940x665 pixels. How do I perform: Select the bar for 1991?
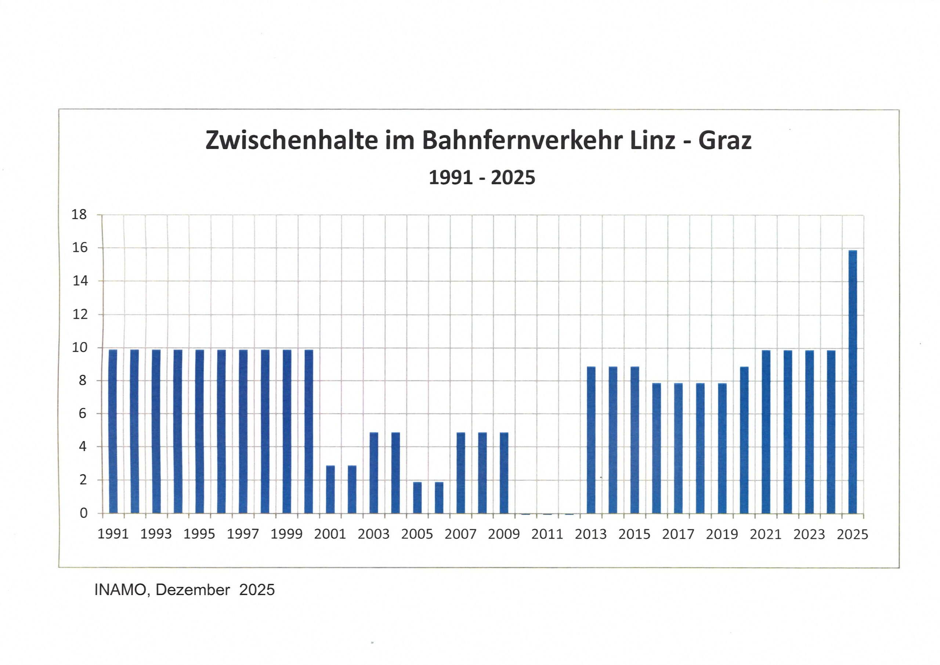tap(113, 431)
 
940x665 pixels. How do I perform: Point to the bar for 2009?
tap(504, 472)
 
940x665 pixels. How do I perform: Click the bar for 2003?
tap(373, 472)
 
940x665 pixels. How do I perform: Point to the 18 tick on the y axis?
tap(79, 214)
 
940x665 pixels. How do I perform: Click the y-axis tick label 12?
tap(79, 314)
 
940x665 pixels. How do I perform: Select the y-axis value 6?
tap(83, 413)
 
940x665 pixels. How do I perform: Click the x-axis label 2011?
tap(547, 534)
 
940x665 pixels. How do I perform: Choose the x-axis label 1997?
tap(243, 534)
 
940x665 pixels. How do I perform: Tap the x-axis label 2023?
tap(809, 534)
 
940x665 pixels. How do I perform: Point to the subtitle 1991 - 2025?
tap(482, 177)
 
